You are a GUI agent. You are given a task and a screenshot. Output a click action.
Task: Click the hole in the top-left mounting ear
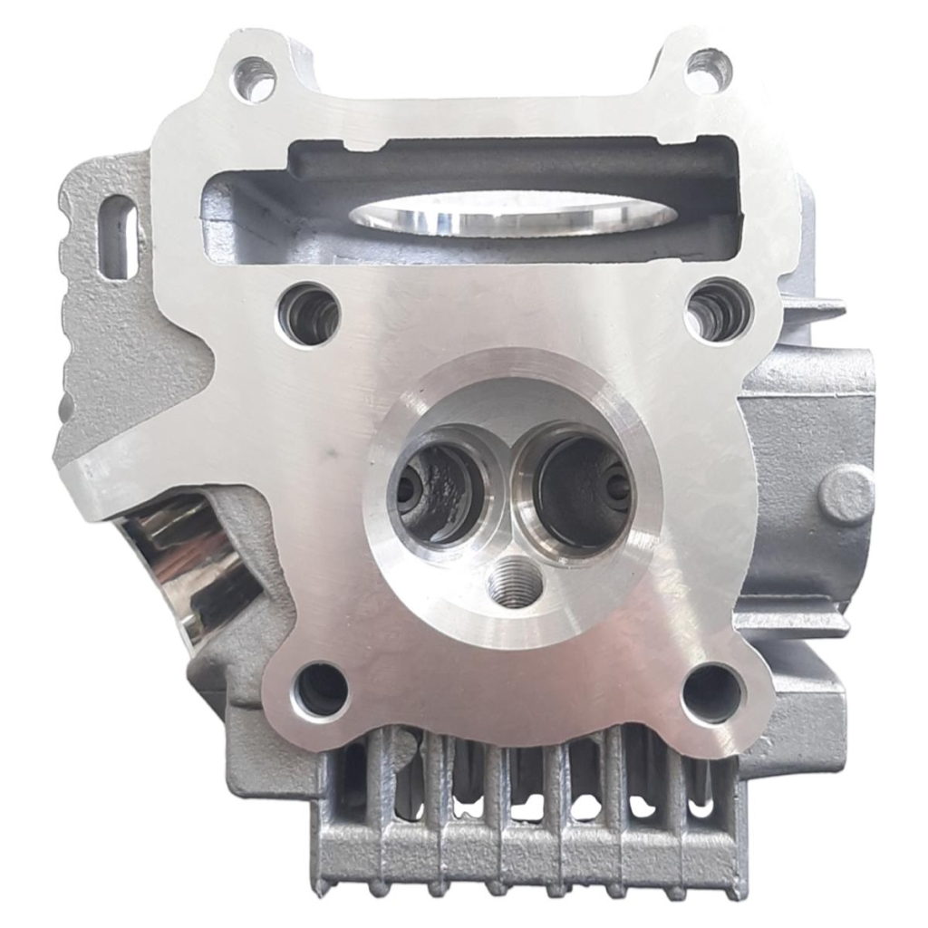(x=255, y=79)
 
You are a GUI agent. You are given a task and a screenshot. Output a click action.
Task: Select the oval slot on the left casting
(x=118, y=236)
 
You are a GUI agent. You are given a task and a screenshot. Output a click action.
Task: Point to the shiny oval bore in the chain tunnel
(x=513, y=213)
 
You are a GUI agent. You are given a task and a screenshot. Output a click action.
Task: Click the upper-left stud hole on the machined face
(x=309, y=314)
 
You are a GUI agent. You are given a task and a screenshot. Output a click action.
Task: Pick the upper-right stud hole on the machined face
(x=719, y=311)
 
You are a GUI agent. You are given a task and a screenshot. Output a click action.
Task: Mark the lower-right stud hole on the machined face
(x=712, y=693)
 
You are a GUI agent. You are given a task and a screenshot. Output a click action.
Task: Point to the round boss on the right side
(x=846, y=495)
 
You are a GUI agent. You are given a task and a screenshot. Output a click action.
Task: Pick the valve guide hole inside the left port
(x=409, y=490)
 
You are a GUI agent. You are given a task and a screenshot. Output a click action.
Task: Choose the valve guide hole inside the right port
(x=618, y=487)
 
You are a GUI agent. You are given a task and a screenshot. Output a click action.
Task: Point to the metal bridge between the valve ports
(x=509, y=489)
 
